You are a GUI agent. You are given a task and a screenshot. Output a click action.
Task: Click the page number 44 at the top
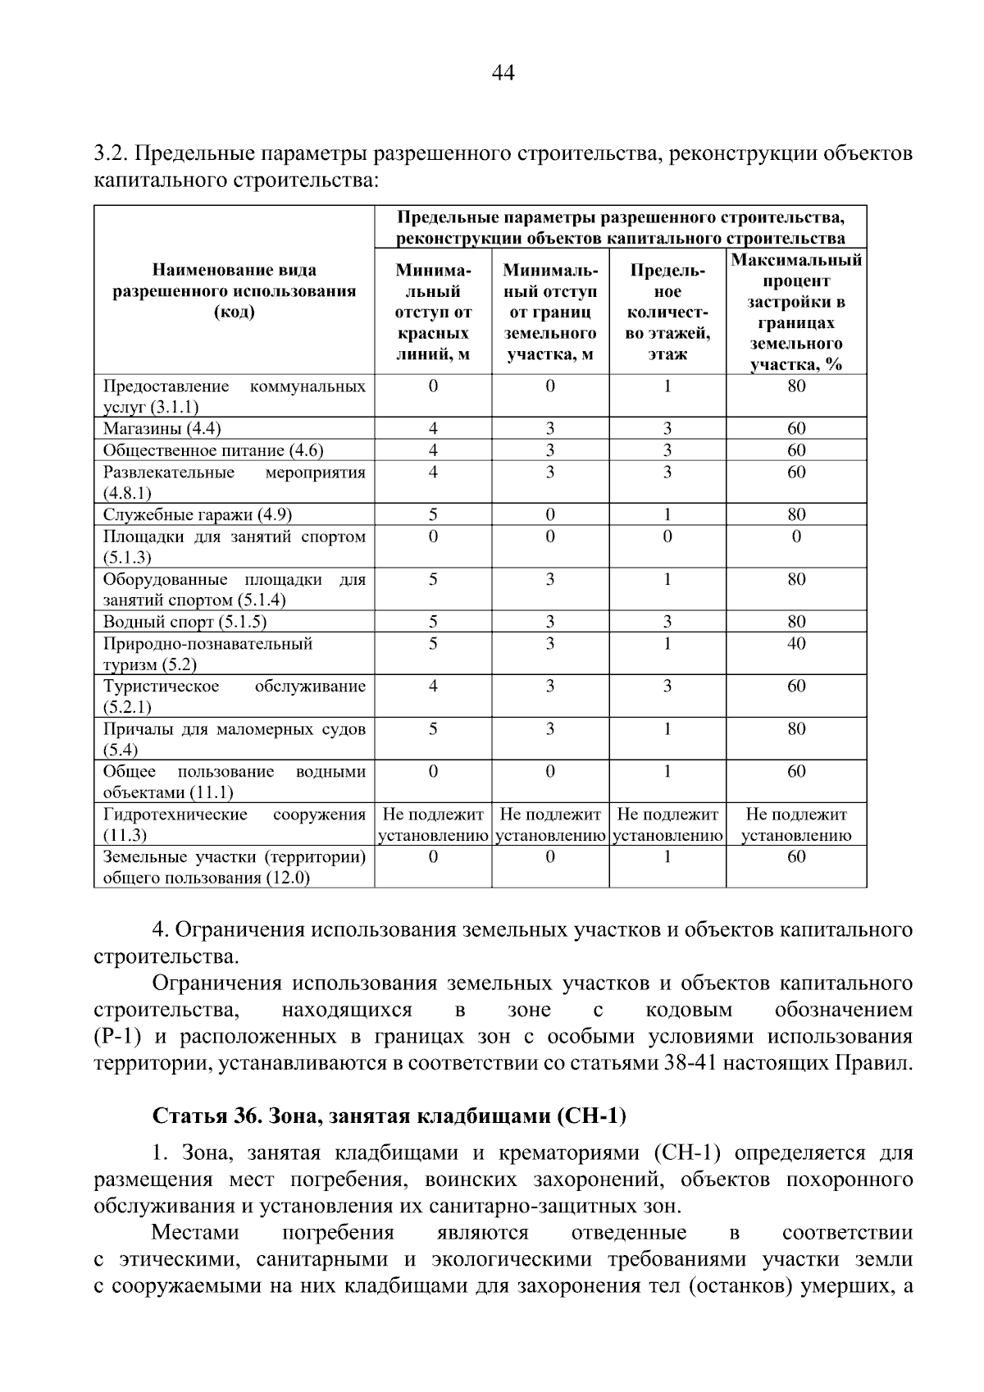coord(503,74)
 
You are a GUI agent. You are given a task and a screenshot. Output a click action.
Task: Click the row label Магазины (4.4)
coord(162,428)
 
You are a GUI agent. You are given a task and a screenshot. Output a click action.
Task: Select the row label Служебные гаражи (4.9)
coord(197,514)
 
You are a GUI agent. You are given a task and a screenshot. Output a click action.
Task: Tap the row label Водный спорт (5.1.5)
coord(184,622)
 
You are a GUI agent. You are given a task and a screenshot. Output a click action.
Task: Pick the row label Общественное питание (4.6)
coord(212,450)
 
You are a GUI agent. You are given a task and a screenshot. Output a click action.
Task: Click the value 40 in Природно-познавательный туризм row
coord(796,643)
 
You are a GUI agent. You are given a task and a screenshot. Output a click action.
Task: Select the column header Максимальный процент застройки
coord(796,313)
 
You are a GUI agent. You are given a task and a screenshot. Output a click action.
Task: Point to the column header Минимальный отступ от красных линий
coord(433,313)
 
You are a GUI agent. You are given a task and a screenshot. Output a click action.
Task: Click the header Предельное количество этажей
coord(667,313)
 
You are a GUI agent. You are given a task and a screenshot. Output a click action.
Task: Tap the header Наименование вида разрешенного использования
coord(235,291)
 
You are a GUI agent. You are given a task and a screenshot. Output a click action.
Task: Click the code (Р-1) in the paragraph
coord(117,1037)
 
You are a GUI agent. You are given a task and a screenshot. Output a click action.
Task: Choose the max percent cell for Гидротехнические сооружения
coord(796,824)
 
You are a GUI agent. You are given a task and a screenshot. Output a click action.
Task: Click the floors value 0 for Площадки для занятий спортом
coord(667,536)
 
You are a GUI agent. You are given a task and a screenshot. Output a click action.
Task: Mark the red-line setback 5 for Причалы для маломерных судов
coord(433,728)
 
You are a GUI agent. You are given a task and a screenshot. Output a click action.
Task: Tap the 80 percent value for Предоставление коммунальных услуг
coord(796,386)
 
